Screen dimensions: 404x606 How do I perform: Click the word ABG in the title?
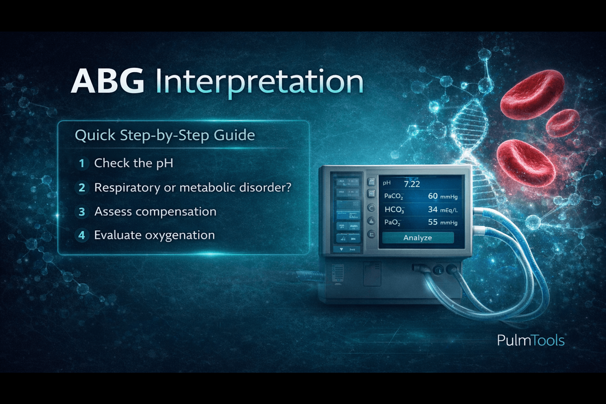(107, 81)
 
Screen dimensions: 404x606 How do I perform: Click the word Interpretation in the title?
(259, 82)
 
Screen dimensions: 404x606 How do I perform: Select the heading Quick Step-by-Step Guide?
(165, 135)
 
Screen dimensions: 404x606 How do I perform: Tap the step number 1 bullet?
(82, 163)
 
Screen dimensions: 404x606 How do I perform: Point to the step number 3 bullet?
(82, 212)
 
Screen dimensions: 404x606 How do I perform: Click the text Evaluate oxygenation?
(154, 235)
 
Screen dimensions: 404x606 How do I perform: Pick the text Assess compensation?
(155, 212)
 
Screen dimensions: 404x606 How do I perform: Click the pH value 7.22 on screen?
(412, 184)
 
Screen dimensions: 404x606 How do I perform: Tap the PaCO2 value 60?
(433, 196)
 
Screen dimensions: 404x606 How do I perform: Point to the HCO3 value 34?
(433, 209)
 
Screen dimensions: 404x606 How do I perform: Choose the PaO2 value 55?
(433, 222)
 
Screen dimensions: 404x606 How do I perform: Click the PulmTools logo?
(531, 340)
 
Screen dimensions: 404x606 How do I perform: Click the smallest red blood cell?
(563, 122)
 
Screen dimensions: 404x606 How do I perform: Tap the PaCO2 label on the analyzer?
(393, 196)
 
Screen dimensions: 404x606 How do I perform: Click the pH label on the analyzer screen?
(387, 183)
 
